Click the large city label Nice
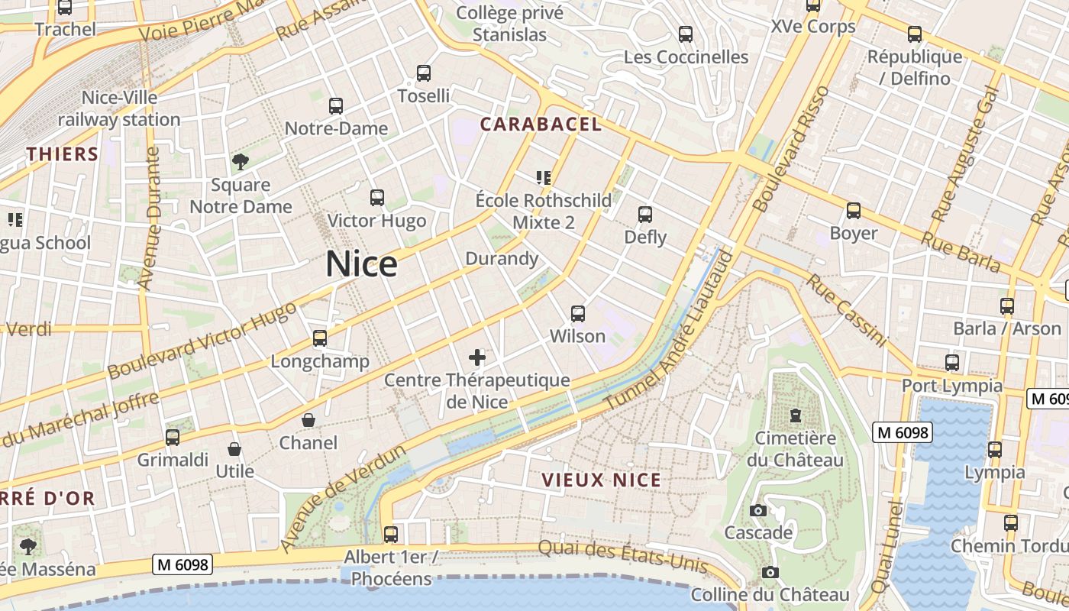click(361, 264)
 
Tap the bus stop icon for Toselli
click(424, 73)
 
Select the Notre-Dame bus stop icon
click(336, 106)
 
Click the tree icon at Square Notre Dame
click(241, 162)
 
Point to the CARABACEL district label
click(541, 124)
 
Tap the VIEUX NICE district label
click(601, 480)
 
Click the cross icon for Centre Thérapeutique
click(477, 357)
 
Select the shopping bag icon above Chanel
click(308, 420)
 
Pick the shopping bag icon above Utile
click(234, 449)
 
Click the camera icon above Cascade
click(758, 510)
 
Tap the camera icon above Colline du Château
click(770, 572)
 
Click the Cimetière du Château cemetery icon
click(796, 415)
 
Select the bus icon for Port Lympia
click(951, 363)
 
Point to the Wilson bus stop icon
click(578, 313)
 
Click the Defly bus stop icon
click(645, 215)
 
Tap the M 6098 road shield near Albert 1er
click(182, 564)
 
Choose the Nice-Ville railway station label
click(119, 108)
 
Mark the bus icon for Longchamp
click(320, 338)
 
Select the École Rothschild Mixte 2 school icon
click(544, 178)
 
